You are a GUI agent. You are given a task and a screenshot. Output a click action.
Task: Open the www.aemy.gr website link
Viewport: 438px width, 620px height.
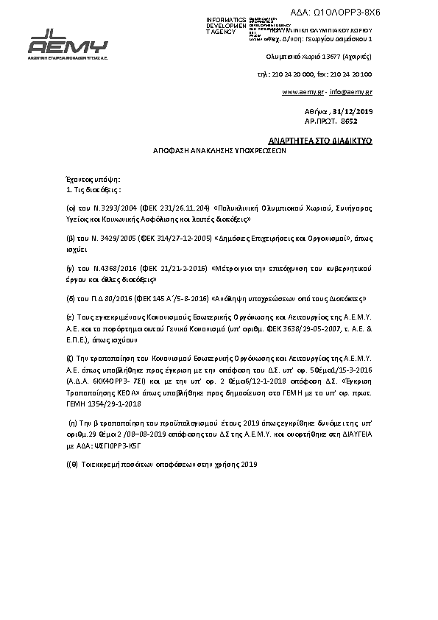303,92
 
